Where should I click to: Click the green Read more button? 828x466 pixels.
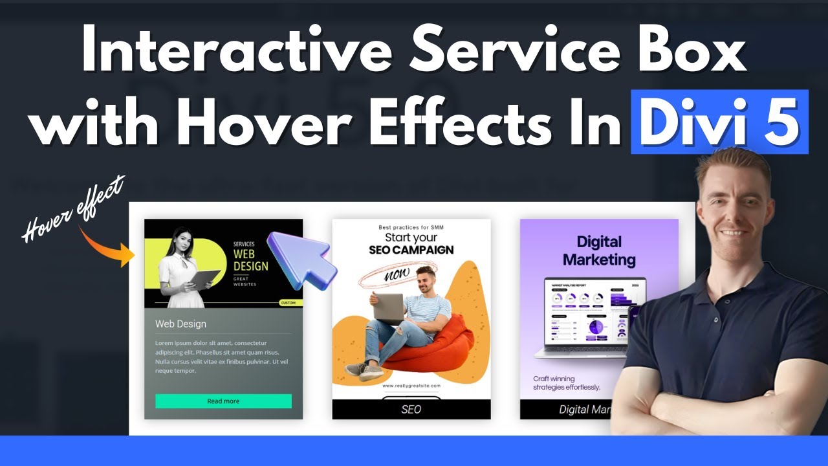pos(223,401)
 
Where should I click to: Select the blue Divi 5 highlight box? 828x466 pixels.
pos(719,122)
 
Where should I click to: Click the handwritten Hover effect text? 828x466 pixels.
pos(72,210)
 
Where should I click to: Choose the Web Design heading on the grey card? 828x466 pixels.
pos(180,324)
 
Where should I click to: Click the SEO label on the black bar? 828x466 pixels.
pos(411,409)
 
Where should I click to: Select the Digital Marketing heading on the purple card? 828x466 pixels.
pos(599,251)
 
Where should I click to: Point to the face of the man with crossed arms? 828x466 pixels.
pos(736,207)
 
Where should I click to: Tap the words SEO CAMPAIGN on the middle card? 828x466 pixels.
pos(411,250)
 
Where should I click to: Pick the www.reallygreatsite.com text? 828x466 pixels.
pos(411,386)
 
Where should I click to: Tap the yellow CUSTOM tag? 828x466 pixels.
pos(288,302)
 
